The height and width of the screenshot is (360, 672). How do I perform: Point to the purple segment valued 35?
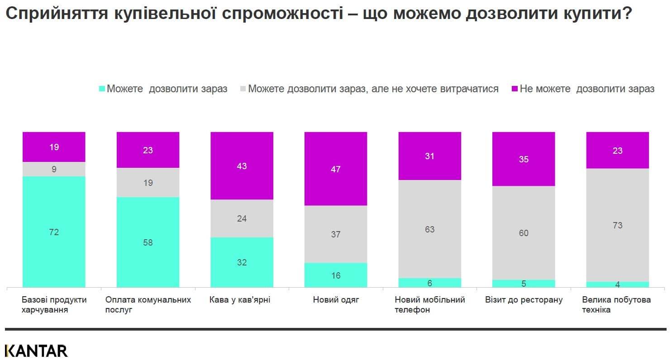click(524, 159)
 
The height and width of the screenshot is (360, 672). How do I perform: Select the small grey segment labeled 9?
click(54, 169)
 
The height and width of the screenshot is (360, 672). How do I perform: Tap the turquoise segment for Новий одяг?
click(335, 275)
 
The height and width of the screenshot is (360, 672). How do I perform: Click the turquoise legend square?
click(102, 89)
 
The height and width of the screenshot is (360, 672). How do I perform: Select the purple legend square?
click(514, 89)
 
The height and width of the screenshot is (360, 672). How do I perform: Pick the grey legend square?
click(243, 89)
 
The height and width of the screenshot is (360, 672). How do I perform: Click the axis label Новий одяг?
click(335, 300)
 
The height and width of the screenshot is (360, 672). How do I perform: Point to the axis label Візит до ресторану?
click(524, 300)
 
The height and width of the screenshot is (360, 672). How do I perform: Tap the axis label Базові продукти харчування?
click(54, 305)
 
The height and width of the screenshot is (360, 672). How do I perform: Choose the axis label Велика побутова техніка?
click(616, 305)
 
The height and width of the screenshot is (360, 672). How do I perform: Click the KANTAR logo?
click(36, 351)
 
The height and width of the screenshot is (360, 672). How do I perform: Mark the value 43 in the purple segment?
click(242, 166)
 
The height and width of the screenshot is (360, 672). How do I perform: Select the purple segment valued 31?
click(429, 156)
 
